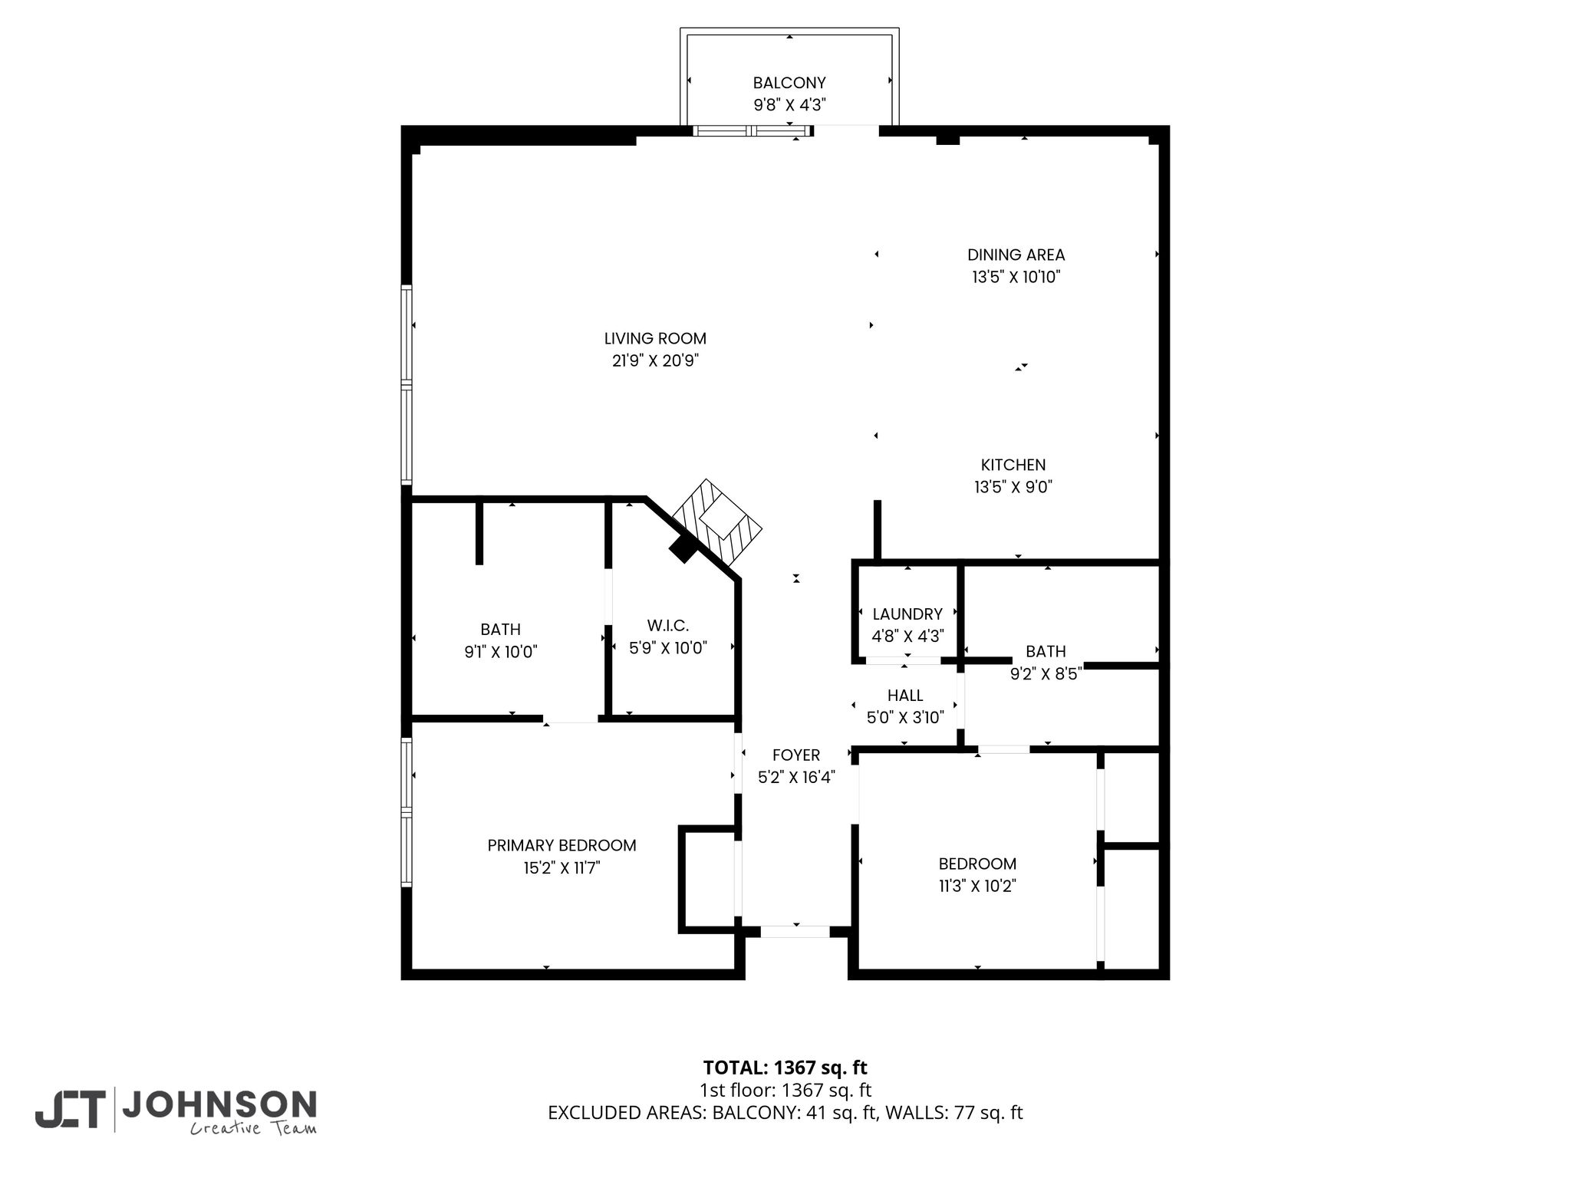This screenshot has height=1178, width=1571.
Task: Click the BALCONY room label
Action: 789,83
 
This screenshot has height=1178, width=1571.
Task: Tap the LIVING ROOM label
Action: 655,338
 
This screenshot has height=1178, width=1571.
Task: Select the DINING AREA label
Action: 1016,255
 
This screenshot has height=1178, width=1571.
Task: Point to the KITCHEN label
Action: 1013,465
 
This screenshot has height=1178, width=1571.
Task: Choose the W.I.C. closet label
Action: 667,626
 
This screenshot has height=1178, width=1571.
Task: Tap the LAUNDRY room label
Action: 907,614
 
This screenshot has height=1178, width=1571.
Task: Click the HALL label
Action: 905,696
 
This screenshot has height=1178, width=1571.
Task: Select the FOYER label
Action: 796,755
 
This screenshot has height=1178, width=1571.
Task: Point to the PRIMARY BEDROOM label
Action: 562,845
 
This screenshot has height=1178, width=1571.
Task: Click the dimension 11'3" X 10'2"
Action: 977,887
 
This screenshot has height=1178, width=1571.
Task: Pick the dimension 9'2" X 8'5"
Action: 1046,674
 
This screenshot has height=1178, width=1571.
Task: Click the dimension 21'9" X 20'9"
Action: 655,361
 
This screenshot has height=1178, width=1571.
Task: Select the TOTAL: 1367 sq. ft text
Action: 785,1068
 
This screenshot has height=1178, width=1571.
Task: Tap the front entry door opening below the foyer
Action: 795,931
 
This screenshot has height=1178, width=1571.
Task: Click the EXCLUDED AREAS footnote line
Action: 785,1113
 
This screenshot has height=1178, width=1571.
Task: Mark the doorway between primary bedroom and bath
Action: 571,719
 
